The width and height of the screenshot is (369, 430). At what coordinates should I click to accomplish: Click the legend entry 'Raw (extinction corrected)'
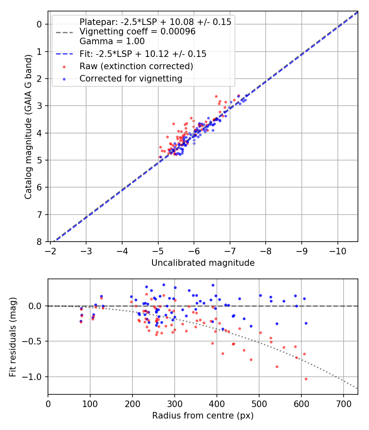pyautogui.click(x=136, y=66)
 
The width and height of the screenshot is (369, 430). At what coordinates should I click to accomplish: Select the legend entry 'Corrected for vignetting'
pyautogui.click(x=131, y=78)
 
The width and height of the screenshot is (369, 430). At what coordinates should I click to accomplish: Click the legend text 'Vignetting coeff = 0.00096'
pyautogui.click(x=137, y=32)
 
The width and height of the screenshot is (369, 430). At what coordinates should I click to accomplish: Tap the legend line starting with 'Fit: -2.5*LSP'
pyautogui.click(x=143, y=54)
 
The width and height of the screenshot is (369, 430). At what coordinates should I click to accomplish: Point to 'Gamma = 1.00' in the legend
pyautogui.click(x=112, y=41)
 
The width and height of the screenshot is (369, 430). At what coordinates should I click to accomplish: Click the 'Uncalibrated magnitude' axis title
pyautogui.click(x=203, y=263)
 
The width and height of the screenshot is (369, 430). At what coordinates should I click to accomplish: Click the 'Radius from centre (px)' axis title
pyautogui.click(x=203, y=416)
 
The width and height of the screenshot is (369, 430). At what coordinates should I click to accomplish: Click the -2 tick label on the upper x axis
pyautogui.click(x=50, y=249)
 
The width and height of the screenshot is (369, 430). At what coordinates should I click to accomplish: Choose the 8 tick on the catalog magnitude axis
pyautogui.click(x=40, y=242)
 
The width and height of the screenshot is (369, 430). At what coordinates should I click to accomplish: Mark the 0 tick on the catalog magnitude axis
pyautogui.click(x=40, y=24)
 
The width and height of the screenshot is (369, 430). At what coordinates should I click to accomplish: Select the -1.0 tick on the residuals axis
pyautogui.click(x=34, y=377)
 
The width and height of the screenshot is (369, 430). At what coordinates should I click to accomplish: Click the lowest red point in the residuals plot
pyautogui.click(x=306, y=379)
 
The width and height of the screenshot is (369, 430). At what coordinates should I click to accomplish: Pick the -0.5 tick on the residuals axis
pyautogui.click(x=34, y=341)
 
